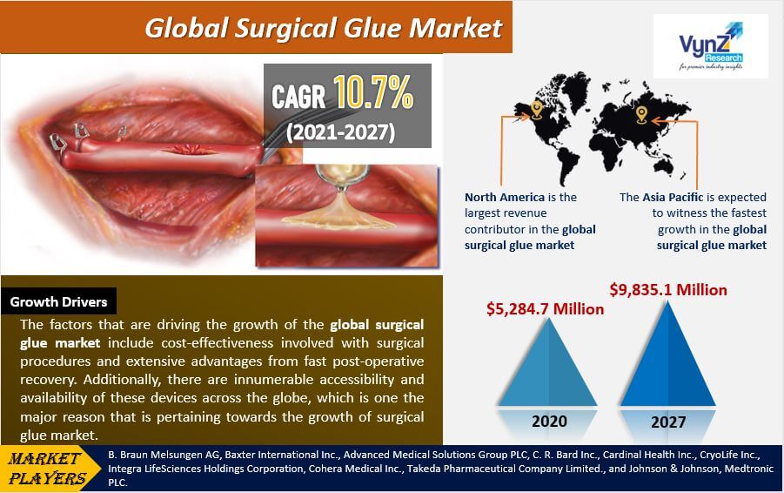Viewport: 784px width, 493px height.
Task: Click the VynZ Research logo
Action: pos(711,46)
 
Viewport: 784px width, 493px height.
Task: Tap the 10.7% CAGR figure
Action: pos(373,92)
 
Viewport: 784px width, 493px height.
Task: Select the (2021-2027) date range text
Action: pos(340,132)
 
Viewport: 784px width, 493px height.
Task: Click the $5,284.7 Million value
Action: pos(545,309)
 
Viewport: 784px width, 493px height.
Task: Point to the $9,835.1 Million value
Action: pos(668,290)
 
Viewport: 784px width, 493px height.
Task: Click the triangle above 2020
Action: pos(548,362)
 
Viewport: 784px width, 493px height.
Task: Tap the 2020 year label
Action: pos(549,422)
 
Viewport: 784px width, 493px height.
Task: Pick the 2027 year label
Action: pos(668,422)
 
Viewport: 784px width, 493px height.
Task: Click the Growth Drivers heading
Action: pos(58,301)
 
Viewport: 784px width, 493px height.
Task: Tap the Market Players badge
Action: pos(48,469)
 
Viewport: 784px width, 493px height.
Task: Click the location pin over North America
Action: pos(537,110)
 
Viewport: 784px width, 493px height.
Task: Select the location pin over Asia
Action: pos(641,115)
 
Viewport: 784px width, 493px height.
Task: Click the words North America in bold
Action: pos(505,197)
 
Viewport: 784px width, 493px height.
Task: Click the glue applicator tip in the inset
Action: pos(341,189)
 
